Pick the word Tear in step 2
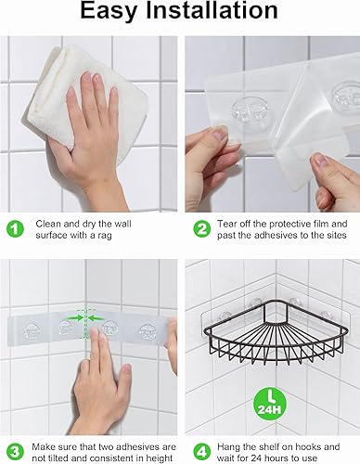click(230, 224)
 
